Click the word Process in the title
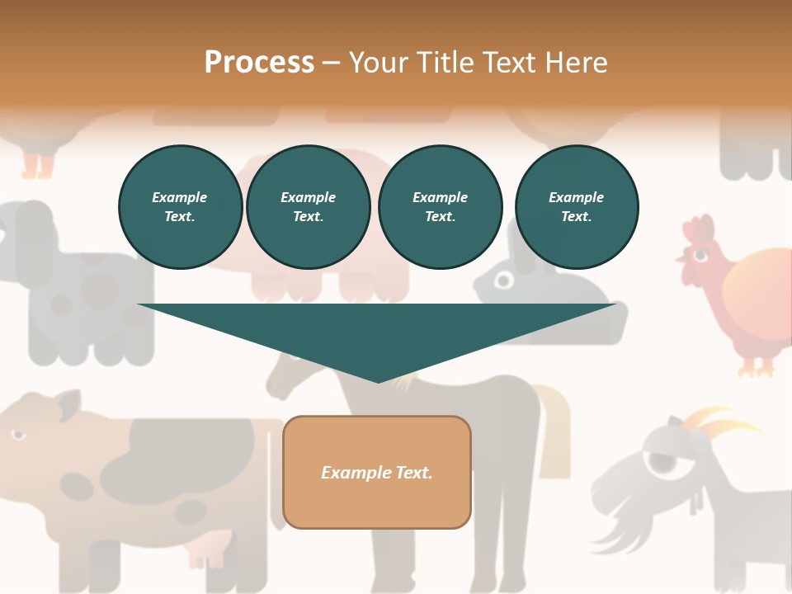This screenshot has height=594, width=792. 259,62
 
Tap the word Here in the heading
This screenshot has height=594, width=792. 573,62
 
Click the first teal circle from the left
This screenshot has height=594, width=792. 180,207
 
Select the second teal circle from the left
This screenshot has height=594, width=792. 309,207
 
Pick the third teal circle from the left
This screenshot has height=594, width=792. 440,207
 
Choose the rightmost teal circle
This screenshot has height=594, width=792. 577,207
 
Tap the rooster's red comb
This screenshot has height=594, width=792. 698,230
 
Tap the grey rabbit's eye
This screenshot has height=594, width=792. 502,280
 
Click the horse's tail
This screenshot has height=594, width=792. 556,429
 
